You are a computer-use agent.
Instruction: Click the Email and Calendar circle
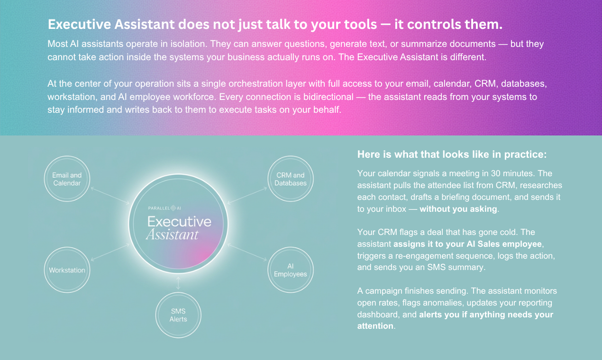point(66,179)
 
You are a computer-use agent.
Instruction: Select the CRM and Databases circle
point(290,179)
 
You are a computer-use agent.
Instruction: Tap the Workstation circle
point(67,270)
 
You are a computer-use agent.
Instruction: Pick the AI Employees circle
point(290,270)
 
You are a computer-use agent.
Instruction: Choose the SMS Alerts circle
point(178,315)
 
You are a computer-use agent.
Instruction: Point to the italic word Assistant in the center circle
point(172,235)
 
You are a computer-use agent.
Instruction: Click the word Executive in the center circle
point(179,221)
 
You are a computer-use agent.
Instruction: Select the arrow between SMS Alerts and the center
point(178,283)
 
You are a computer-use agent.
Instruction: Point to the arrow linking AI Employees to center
point(247,252)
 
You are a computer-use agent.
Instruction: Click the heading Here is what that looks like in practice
point(452,154)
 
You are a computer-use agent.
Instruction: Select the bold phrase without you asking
point(458,209)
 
